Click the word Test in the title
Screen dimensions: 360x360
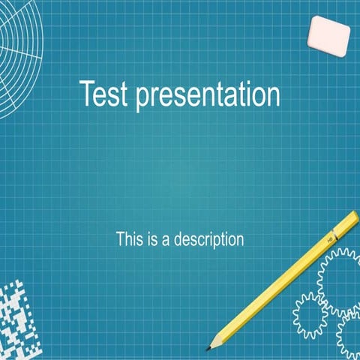(104, 94)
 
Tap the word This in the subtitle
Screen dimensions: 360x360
(130, 240)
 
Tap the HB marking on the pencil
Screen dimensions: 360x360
(329, 238)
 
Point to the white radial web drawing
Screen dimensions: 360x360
(19, 52)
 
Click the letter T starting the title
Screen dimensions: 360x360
(87, 94)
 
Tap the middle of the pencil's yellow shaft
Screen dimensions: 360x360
(281, 281)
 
